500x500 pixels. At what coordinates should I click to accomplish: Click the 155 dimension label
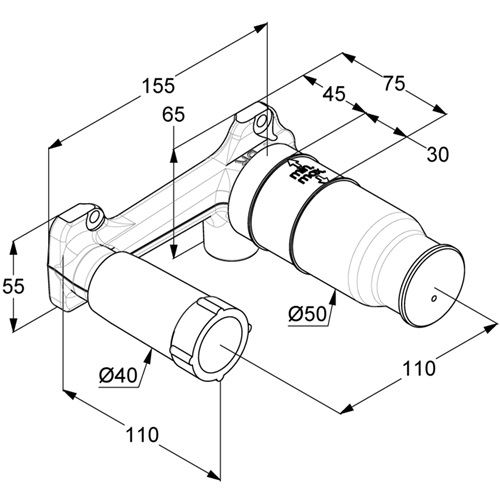tap(158, 86)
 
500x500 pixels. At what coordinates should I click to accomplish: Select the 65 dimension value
tap(173, 115)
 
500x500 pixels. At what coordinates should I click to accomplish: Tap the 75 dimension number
tap(394, 83)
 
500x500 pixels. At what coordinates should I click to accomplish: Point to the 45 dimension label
tap(334, 94)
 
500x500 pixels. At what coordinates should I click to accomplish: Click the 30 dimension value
tap(438, 154)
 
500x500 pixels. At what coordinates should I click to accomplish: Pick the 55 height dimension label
tap(13, 286)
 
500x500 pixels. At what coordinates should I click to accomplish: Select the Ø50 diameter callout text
tap(307, 314)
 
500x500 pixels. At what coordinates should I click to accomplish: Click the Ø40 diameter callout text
tap(118, 376)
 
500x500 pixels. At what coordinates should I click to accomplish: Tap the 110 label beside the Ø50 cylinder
tap(419, 369)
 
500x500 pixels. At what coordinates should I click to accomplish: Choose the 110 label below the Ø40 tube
tap(142, 434)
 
